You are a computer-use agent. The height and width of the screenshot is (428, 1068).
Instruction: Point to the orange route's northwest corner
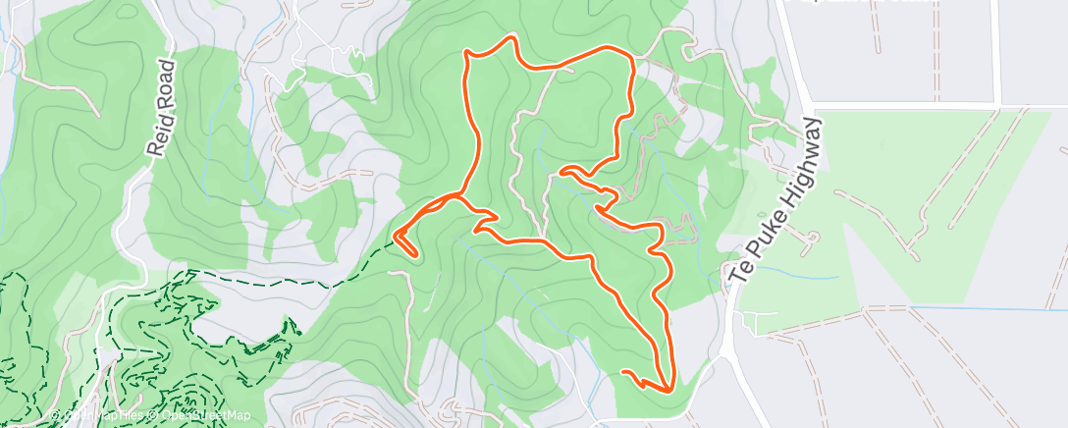468,58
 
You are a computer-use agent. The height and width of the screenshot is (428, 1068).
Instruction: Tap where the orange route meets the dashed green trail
397,235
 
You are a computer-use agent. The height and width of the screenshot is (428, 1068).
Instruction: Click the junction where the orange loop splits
457,196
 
